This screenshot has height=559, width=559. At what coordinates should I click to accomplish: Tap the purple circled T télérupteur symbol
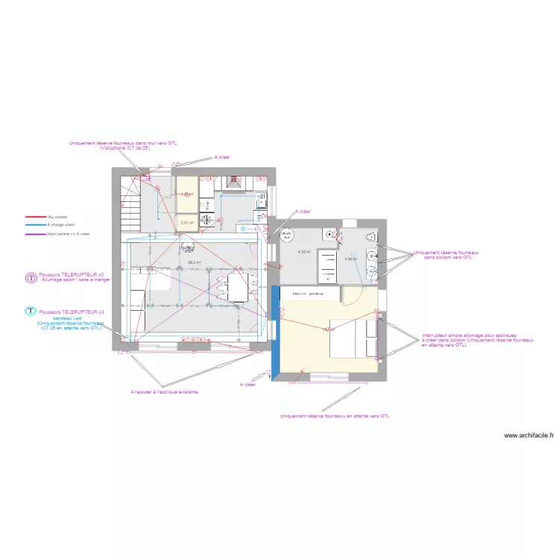pyautogui.click(x=31, y=277)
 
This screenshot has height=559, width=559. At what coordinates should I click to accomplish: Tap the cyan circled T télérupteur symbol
pyautogui.click(x=31, y=312)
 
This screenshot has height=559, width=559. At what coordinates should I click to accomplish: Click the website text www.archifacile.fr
pyautogui.click(x=528, y=435)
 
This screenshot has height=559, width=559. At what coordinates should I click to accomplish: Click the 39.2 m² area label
pyautogui.click(x=194, y=262)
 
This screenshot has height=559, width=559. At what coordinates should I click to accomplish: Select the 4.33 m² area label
pyautogui.click(x=303, y=252)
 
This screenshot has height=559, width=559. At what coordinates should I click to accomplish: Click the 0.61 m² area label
pyautogui.click(x=186, y=221)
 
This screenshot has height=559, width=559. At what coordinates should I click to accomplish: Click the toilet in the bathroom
pyautogui.click(x=370, y=236)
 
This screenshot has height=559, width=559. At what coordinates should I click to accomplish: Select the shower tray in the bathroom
pyautogui.click(x=326, y=265)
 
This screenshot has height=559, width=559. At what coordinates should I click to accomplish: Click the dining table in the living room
pyautogui.click(x=239, y=286)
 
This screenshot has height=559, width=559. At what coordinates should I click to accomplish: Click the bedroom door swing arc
pyautogui.click(x=353, y=297)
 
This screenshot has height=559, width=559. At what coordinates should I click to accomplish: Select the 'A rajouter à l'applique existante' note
pyautogui.click(x=164, y=391)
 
